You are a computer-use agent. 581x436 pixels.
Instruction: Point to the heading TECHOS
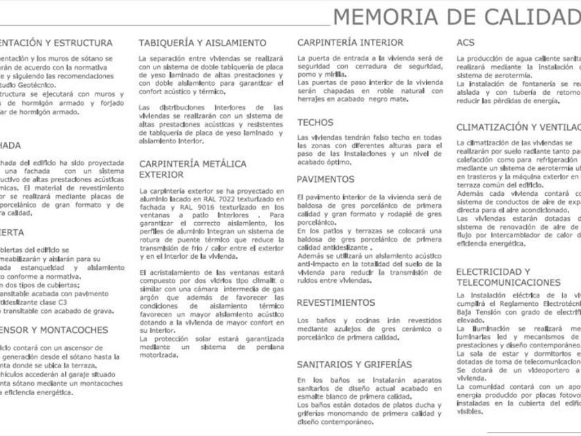(x=315, y=122)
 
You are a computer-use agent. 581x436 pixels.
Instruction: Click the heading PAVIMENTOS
(x=326, y=179)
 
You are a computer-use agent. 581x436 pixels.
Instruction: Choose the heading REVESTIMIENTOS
(x=335, y=303)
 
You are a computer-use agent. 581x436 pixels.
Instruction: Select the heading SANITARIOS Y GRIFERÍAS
(x=354, y=364)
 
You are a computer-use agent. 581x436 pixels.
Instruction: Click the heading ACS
(x=465, y=42)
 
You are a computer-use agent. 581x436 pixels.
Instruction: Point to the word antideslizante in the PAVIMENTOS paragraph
(x=341, y=247)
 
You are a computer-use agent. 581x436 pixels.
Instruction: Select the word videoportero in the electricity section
(x=518, y=370)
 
